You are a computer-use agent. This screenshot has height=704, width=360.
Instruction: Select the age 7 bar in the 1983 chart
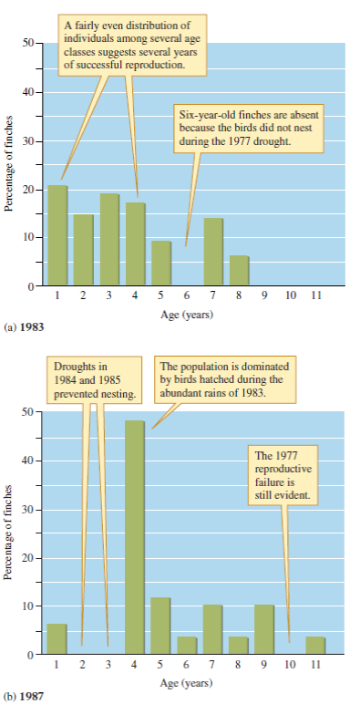coord(213,252)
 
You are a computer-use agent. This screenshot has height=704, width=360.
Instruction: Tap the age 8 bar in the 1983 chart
coord(239,271)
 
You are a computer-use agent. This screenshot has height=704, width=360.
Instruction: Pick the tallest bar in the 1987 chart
coord(135,537)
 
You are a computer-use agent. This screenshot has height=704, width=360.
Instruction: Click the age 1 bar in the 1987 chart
coord(57,639)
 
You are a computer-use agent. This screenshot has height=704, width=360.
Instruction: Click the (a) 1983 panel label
coord(25,326)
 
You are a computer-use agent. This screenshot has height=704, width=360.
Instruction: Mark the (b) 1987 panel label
coord(25,696)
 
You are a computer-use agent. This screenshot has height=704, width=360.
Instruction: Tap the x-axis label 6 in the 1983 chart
coord(187,295)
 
